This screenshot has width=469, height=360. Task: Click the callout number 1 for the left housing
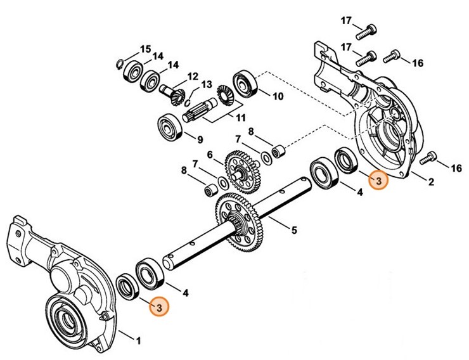click(139, 343)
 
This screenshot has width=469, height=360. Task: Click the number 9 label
click(200, 140)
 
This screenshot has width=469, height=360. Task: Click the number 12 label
click(193, 77)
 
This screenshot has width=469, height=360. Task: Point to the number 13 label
click(207, 85)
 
